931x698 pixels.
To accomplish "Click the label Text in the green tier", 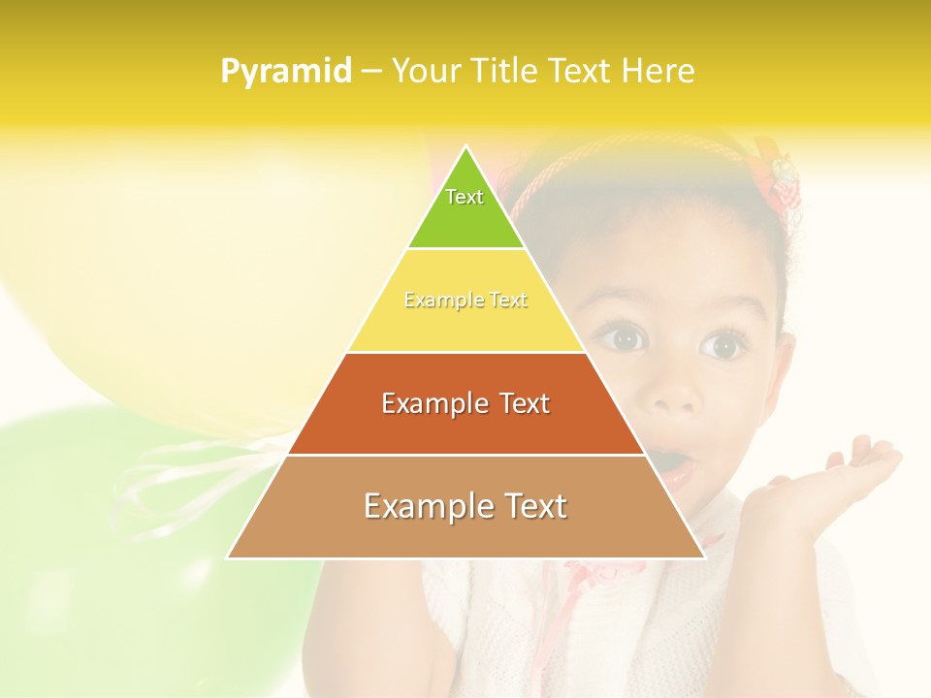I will (465, 197).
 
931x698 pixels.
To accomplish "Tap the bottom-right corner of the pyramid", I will (703, 557).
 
